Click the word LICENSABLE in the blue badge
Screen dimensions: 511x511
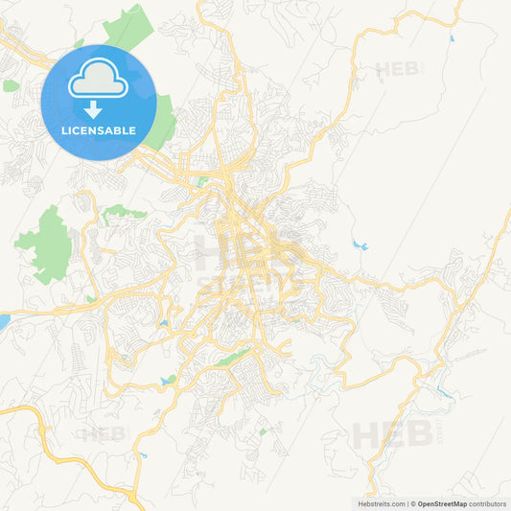point(99,128)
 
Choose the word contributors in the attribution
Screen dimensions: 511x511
point(488,503)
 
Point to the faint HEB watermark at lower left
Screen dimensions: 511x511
point(103,433)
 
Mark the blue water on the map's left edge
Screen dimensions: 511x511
point(4,321)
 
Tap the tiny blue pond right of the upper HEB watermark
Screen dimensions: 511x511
point(451,39)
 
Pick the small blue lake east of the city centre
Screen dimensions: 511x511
point(360,245)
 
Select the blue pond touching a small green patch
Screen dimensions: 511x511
point(169,381)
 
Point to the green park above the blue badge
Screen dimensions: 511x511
point(129,28)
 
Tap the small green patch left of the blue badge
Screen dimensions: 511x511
point(11,85)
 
